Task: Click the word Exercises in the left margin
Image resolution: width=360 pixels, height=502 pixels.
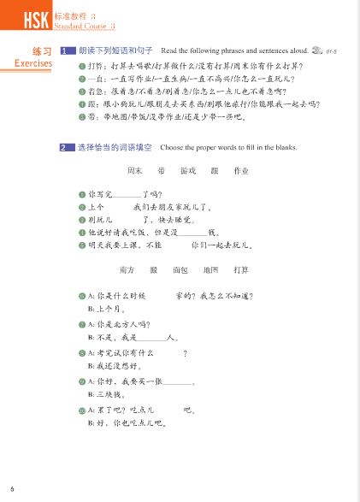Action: point(33,63)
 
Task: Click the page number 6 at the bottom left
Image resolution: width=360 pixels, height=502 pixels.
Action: point(12,487)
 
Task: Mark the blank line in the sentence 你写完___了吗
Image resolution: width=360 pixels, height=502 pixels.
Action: point(126,197)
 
